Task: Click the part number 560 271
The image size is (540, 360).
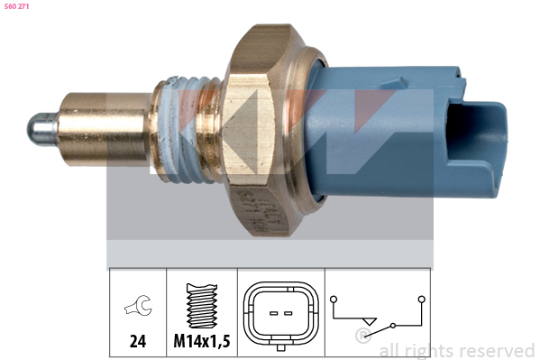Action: (16, 6)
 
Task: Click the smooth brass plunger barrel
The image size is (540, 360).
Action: (104, 129)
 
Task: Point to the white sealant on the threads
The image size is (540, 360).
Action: (179, 129)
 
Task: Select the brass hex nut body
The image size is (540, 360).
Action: (261, 130)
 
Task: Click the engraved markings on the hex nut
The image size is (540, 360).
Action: (261, 211)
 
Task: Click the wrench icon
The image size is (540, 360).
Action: (138, 305)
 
